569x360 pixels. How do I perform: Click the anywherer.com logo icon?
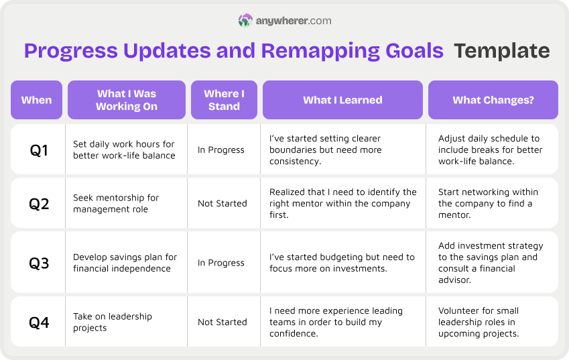pos(245,21)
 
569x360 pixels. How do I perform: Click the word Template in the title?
pos(501,51)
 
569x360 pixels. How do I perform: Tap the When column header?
pos(36,100)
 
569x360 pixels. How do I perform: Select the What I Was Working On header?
pos(127,100)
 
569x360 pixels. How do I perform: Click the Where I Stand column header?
pos(224,100)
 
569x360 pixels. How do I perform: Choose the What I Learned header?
pos(342,100)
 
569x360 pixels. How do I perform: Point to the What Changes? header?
pos(493,100)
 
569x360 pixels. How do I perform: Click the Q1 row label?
pos(39,150)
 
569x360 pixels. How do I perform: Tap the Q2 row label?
pos(39,203)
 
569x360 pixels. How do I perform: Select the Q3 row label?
pos(39,263)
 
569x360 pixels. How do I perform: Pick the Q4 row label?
pos(39,322)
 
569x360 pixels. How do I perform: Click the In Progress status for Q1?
pos(220,150)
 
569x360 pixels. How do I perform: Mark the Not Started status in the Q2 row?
pos(222,203)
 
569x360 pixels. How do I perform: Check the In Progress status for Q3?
pos(220,263)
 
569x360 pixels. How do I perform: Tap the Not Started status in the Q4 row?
pos(222,322)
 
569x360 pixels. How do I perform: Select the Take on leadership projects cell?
pos(113,322)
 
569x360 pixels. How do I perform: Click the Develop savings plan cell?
pos(125,263)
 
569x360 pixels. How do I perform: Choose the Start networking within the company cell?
pos(488,203)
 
